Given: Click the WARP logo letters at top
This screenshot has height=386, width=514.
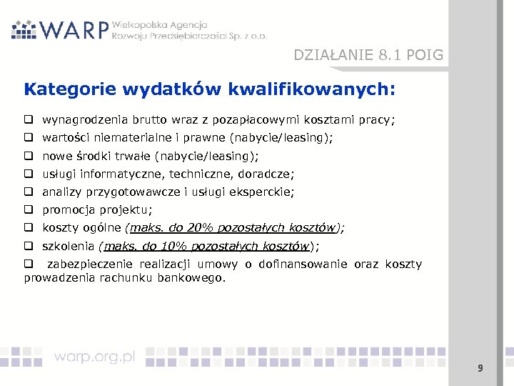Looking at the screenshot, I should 74,30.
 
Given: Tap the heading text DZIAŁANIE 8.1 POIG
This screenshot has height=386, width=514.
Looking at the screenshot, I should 368,55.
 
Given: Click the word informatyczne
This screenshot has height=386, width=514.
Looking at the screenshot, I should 114,174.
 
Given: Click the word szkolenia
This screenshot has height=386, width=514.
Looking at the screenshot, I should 70,246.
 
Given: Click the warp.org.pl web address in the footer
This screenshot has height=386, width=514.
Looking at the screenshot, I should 94,357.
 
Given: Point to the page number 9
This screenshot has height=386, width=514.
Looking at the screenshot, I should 480,368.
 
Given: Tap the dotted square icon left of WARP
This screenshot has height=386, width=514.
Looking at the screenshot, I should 24,29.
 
